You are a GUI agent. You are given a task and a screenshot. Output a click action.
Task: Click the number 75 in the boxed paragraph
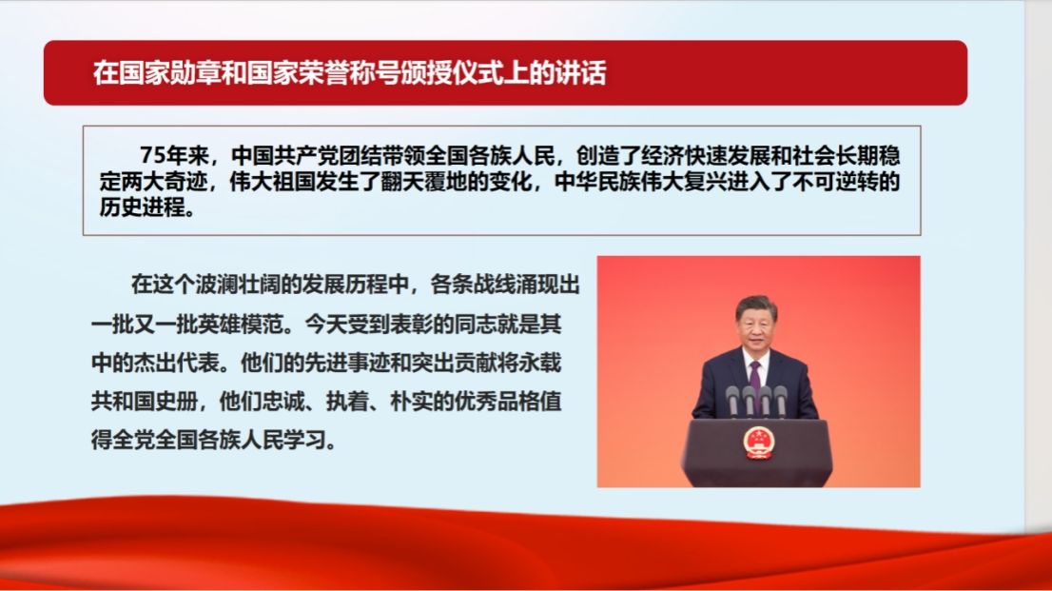(x=152, y=155)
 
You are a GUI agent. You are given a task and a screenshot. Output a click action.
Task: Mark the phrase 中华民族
(x=597, y=182)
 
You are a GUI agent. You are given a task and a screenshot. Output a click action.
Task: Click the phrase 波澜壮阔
(x=238, y=285)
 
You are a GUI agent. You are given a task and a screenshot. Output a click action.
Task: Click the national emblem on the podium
(x=759, y=443)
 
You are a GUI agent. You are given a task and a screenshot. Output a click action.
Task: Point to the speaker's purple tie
(x=755, y=374)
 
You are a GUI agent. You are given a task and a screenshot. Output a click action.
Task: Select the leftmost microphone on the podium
(x=732, y=401)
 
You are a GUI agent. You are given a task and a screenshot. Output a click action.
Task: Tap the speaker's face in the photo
(x=756, y=325)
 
